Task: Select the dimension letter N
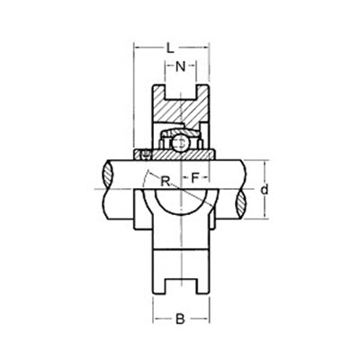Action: tap(181, 66)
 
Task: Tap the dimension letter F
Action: tap(196, 178)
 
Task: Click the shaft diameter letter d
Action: tap(264, 190)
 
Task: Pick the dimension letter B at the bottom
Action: tap(181, 318)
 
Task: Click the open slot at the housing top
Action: tap(181, 92)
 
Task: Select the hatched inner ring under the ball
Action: tap(181, 155)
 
